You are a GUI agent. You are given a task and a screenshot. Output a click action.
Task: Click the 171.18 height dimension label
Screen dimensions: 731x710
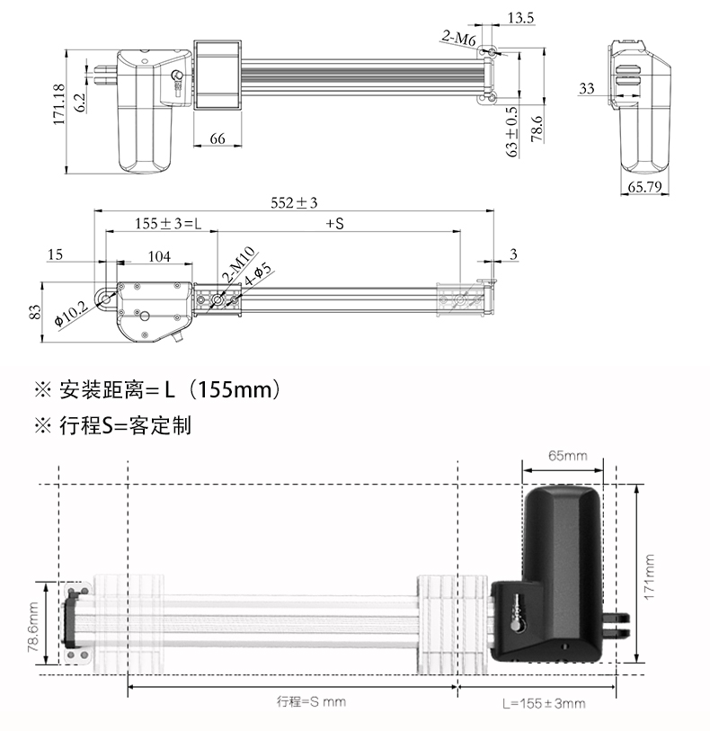tap(59, 104)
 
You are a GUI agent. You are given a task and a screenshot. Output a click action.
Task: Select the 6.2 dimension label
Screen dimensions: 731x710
tap(80, 102)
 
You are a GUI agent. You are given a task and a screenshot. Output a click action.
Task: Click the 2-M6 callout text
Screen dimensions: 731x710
tap(458, 38)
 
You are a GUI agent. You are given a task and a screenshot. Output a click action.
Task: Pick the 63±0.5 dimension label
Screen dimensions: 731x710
tap(511, 131)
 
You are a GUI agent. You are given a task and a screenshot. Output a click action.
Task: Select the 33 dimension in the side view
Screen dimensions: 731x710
tap(587, 88)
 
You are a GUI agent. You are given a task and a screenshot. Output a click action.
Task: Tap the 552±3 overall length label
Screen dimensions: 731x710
tap(295, 203)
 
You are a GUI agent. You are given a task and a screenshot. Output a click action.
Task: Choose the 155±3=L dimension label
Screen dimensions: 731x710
tap(169, 223)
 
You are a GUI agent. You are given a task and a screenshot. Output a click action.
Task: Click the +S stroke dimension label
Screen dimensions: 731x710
tap(334, 223)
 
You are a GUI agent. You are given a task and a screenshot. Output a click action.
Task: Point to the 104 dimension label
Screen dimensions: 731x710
tap(159, 256)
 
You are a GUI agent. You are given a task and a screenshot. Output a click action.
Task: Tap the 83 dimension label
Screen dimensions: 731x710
tap(35, 312)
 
